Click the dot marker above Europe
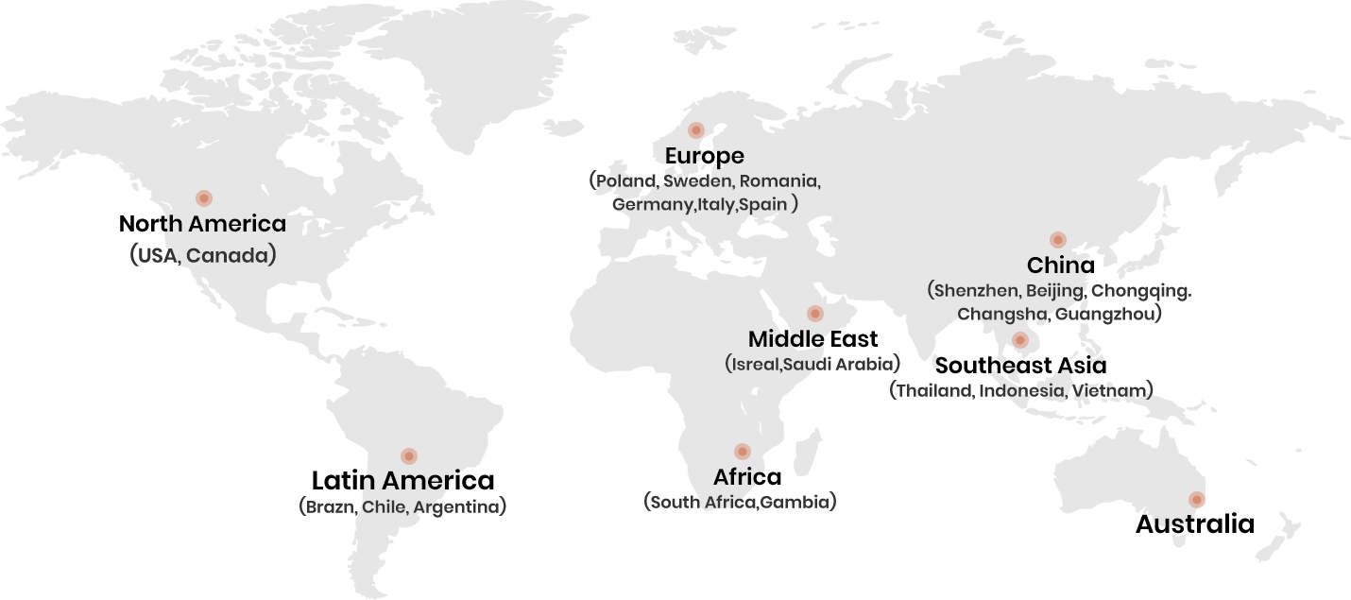[x=696, y=130]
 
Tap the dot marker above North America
[x=204, y=198]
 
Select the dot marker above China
[x=1058, y=240]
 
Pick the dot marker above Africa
[x=743, y=452]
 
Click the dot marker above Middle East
[x=815, y=314]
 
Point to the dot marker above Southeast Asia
[x=1020, y=340]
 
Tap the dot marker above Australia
[x=1197, y=500]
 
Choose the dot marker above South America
[x=409, y=456]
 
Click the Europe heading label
[x=704, y=156]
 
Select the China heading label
[x=1060, y=266]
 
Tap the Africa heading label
[x=746, y=477]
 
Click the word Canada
[x=227, y=255]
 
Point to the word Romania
[x=778, y=180]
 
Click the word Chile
[x=384, y=507]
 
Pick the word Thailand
[x=933, y=390]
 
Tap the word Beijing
[x=1054, y=290]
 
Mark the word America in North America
[x=235, y=224]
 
